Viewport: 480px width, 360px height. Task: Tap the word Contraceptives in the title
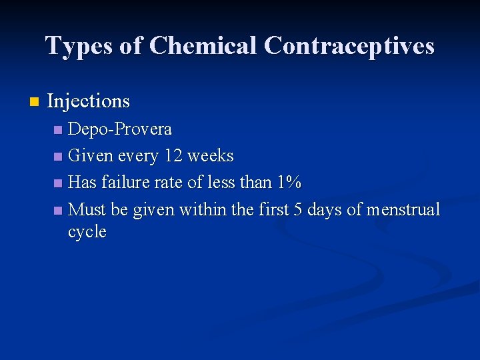tap(349, 46)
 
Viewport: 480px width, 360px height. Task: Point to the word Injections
tap(89, 101)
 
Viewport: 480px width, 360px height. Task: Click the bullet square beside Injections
tap(35, 102)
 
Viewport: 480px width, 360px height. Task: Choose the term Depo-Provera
tap(120, 129)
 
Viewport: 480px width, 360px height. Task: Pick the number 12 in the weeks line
tap(173, 156)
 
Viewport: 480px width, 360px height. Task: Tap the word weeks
tap(211, 156)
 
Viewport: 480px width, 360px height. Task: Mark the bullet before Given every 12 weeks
tap(59, 157)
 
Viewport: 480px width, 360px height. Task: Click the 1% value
tap(289, 183)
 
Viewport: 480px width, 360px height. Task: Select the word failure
tap(128, 183)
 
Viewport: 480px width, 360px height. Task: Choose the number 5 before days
tap(297, 210)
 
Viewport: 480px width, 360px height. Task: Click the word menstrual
tap(403, 210)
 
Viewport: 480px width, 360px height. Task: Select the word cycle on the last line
tap(87, 232)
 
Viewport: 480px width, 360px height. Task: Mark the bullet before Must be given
tap(59, 211)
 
